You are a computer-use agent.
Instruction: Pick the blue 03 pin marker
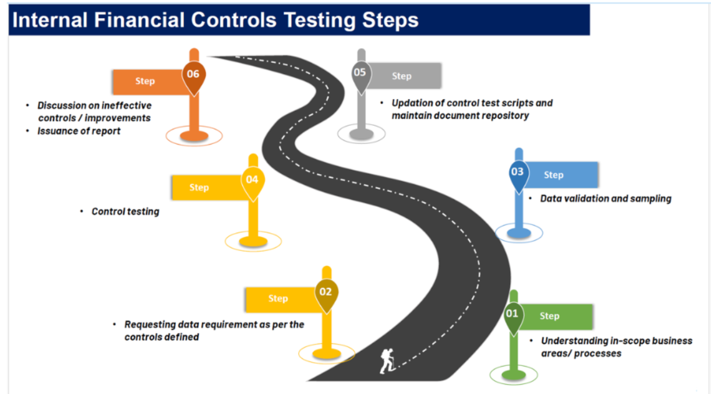pos(518,175)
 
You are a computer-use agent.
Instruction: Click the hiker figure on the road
pos(388,361)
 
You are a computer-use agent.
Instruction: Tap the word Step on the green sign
pos(550,316)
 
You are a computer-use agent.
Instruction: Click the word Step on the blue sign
pos(554,175)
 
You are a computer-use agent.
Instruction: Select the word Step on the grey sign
pos(402,76)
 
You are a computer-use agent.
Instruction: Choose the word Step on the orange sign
pos(145,81)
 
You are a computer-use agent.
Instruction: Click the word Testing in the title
pos(319,20)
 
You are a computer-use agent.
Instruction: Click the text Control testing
pos(125,212)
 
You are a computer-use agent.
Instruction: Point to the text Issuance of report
pos(79,131)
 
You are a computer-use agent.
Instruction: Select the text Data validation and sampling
pos(606,199)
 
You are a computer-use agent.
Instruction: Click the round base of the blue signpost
pos(519,233)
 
